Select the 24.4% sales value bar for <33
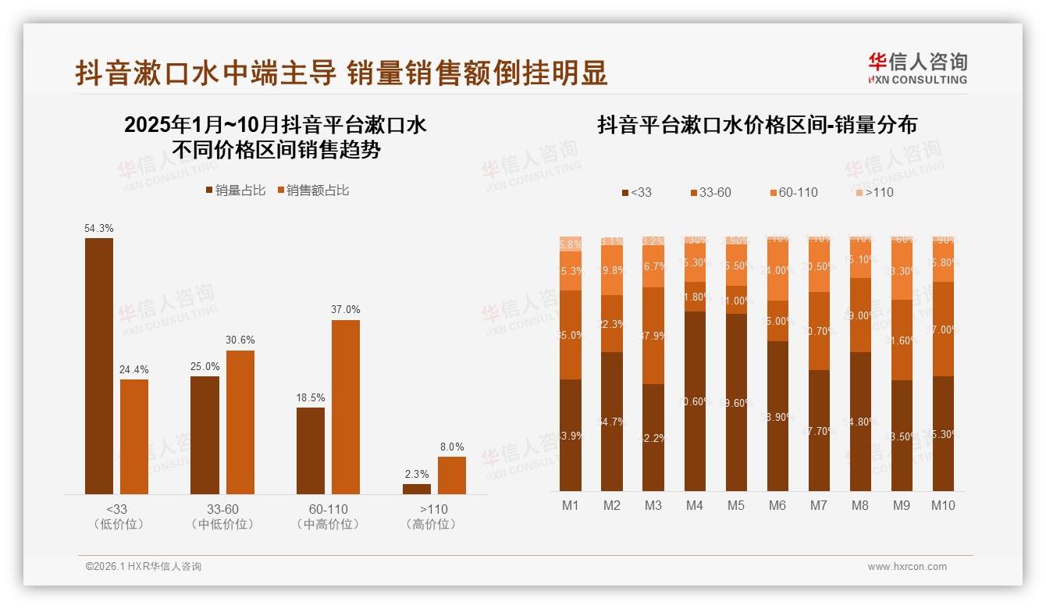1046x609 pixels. pos(134,436)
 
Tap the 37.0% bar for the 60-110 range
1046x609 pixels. pos(346,407)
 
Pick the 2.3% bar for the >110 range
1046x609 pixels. pos(417,489)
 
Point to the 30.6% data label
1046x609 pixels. pos(240,340)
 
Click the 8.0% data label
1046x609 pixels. pos(452,447)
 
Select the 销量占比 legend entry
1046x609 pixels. pos(235,191)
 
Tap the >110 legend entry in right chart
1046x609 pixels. pos(873,192)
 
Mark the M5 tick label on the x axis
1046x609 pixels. pos(736,505)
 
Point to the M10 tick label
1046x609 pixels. pos(943,505)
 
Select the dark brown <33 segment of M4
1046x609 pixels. pos(695,401)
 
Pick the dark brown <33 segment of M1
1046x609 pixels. pos(571,435)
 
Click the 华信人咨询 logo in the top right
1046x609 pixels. pos(917,68)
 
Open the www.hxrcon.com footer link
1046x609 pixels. pos(906,567)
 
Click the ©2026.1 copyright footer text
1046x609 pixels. pos(143,567)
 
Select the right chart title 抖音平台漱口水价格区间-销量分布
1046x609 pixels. pos(756,125)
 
